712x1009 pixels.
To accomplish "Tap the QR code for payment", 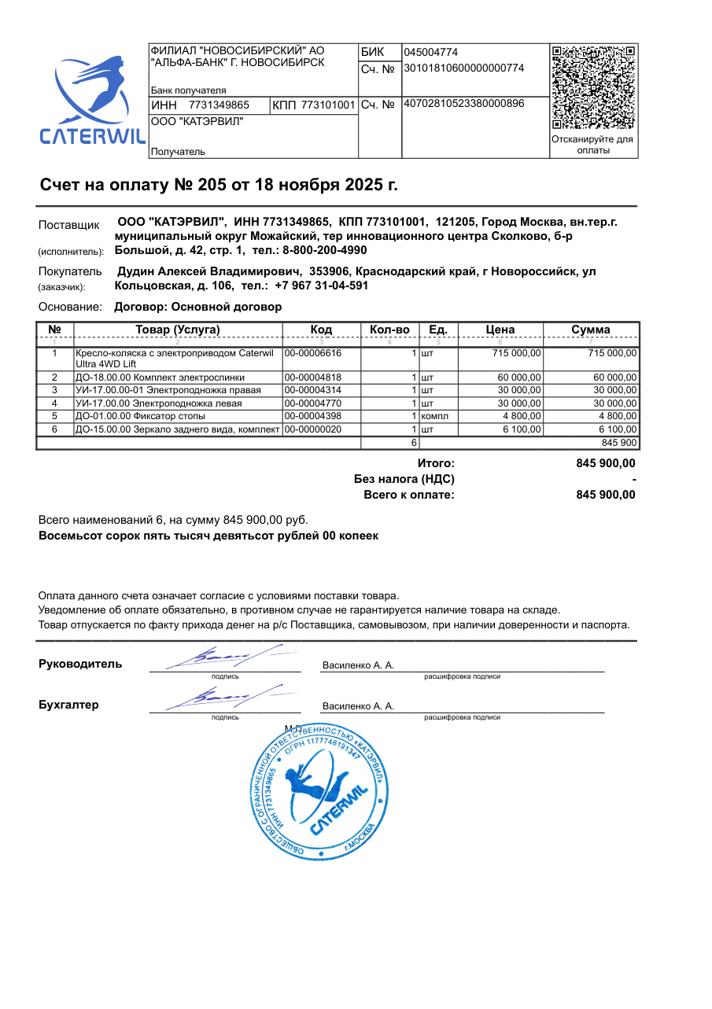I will pos(593,87).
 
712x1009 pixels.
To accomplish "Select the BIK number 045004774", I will pos(430,53).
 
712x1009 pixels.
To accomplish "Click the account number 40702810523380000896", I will pos(463,104).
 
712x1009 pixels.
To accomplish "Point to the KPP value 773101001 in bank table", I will pos(329,105).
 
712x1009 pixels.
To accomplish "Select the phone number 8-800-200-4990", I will pos(325,250).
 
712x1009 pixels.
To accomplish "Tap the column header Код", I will pos(321,330).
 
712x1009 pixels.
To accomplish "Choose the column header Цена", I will pos(500,330).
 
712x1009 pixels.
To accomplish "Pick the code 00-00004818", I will pos(312,377).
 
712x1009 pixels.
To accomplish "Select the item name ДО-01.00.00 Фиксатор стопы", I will pos(140,415).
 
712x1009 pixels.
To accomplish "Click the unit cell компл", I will pos(435,415).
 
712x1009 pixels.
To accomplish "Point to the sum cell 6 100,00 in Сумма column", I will pos(618,429).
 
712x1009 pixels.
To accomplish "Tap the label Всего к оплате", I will pos(409,495).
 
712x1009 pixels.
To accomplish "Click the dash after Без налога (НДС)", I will pos(633,479).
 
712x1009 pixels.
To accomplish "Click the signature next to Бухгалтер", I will pos(224,696).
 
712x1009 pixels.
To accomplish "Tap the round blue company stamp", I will pos(321,790).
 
